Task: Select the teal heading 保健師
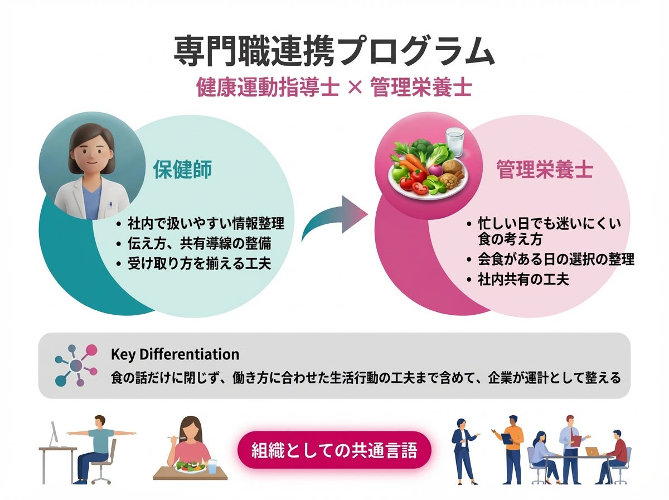point(182,170)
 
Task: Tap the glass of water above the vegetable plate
point(454,142)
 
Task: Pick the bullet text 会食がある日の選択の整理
point(556,259)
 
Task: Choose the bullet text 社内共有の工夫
point(523,279)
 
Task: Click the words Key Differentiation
point(175,354)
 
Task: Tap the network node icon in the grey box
point(76,366)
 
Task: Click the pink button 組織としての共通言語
point(334,449)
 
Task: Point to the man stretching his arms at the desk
point(98,444)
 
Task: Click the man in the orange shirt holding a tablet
point(511,446)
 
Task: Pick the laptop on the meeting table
point(592,451)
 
